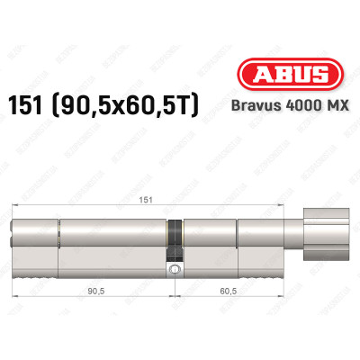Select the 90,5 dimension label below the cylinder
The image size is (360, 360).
click(93, 291)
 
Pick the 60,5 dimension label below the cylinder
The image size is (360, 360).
click(218, 291)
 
